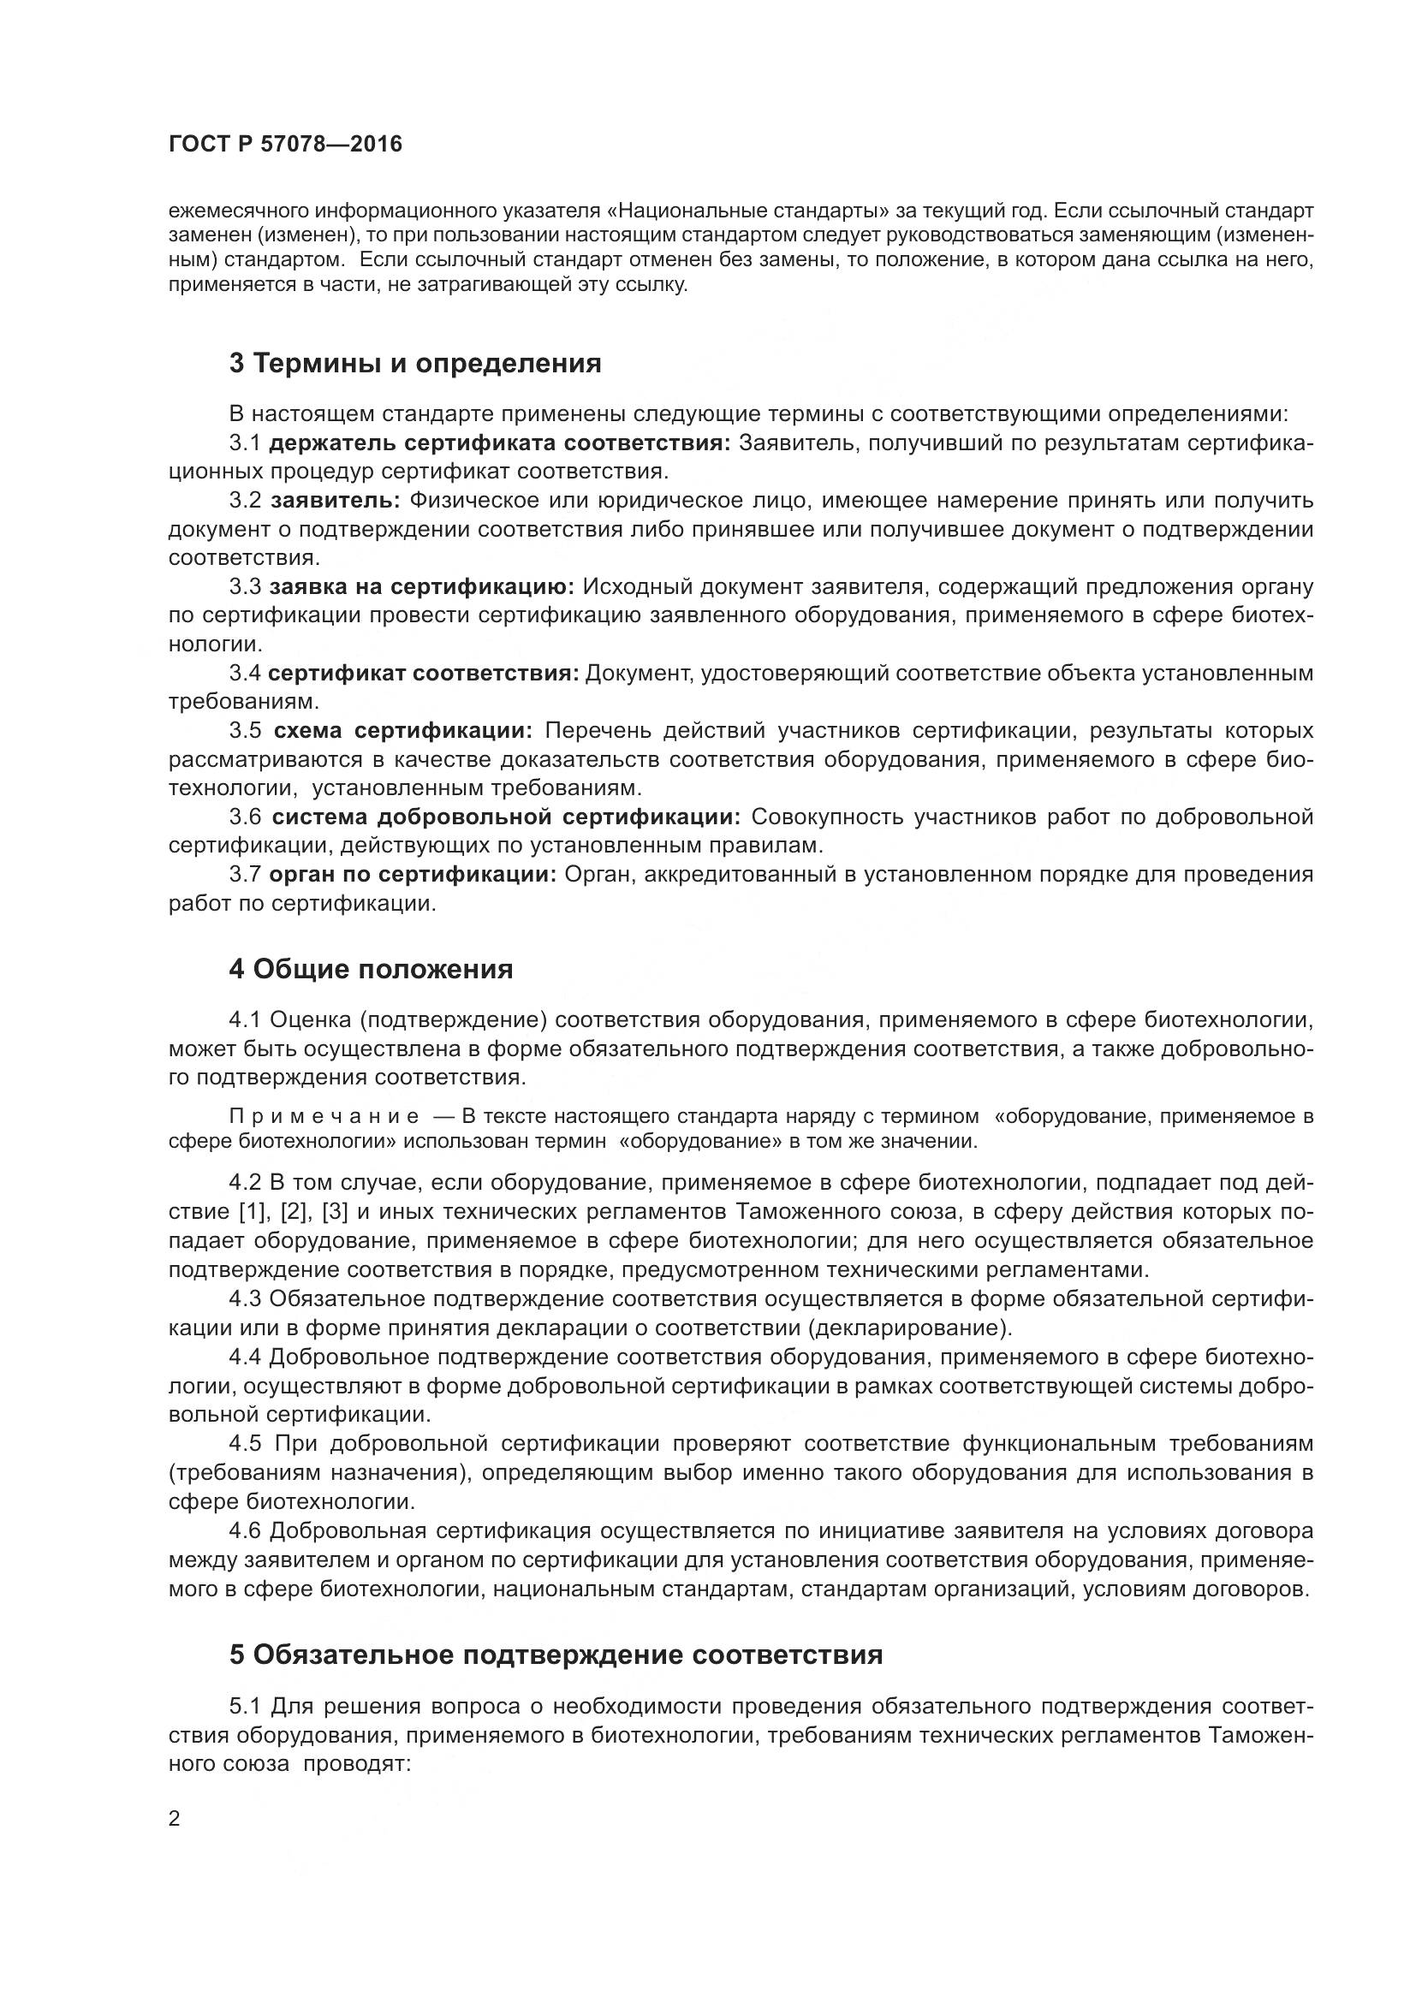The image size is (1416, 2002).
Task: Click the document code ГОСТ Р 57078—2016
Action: pos(285,145)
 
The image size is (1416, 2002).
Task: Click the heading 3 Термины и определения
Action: pos(415,363)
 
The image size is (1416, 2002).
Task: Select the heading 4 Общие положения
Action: pos(371,969)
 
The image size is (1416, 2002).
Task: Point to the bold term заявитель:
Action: pos(335,501)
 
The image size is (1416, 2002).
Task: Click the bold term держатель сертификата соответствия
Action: pos(500,443)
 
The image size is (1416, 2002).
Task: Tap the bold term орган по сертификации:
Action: pos(413,875)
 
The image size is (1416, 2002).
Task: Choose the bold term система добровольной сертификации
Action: pos(506,817)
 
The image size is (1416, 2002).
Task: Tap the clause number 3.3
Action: pos(245,587)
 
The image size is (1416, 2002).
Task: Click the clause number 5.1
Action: pos(245,1706)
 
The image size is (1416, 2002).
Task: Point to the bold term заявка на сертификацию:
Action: pos(422,587)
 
